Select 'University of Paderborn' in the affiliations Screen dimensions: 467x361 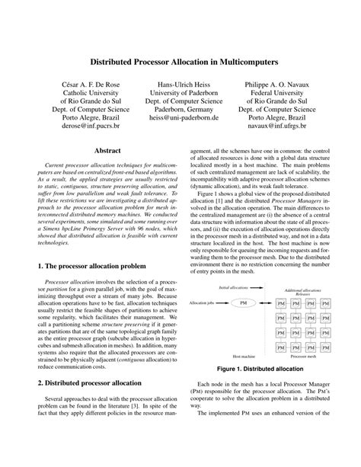(x=180, y=92)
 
